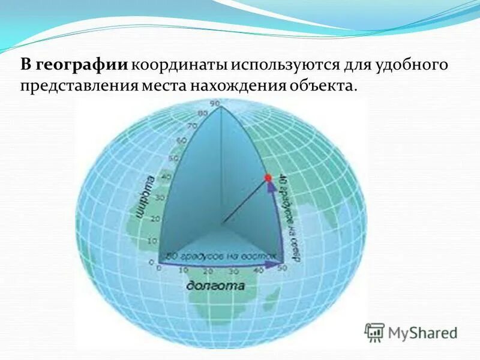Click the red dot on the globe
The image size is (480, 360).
[x=268, y=178]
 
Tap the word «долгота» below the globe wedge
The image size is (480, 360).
[x=215, y=285]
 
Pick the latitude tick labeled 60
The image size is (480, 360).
[x=179, y=142]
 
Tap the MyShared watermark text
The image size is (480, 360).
[x=423, y=332]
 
